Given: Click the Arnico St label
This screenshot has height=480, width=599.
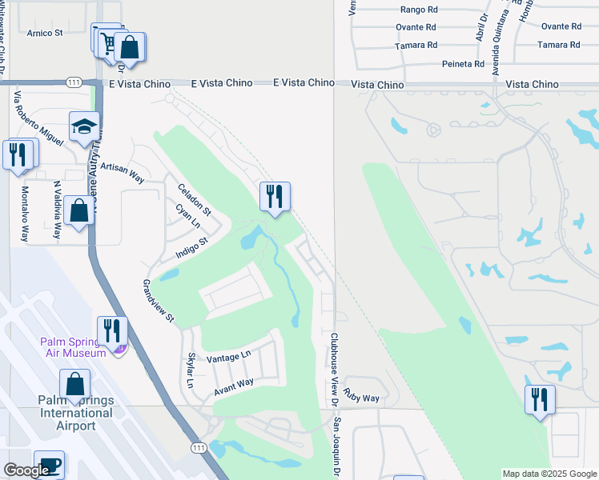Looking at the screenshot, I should coord(45,33).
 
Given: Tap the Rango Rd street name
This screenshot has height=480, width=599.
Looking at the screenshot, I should coord(419,10).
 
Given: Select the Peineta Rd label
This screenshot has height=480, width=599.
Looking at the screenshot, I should coord(464,64).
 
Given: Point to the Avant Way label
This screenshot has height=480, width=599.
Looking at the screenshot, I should coord(234,387).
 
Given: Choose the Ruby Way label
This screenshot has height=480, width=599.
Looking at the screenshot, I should coord(362,394).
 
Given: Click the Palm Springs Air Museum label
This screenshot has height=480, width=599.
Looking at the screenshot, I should coord(74,347).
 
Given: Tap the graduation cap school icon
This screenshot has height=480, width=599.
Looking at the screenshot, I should coord(84,126).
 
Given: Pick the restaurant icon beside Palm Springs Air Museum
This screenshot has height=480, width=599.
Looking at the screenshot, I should coord(112,330).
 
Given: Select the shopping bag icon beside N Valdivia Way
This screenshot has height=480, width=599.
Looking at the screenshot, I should coord(78,211).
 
